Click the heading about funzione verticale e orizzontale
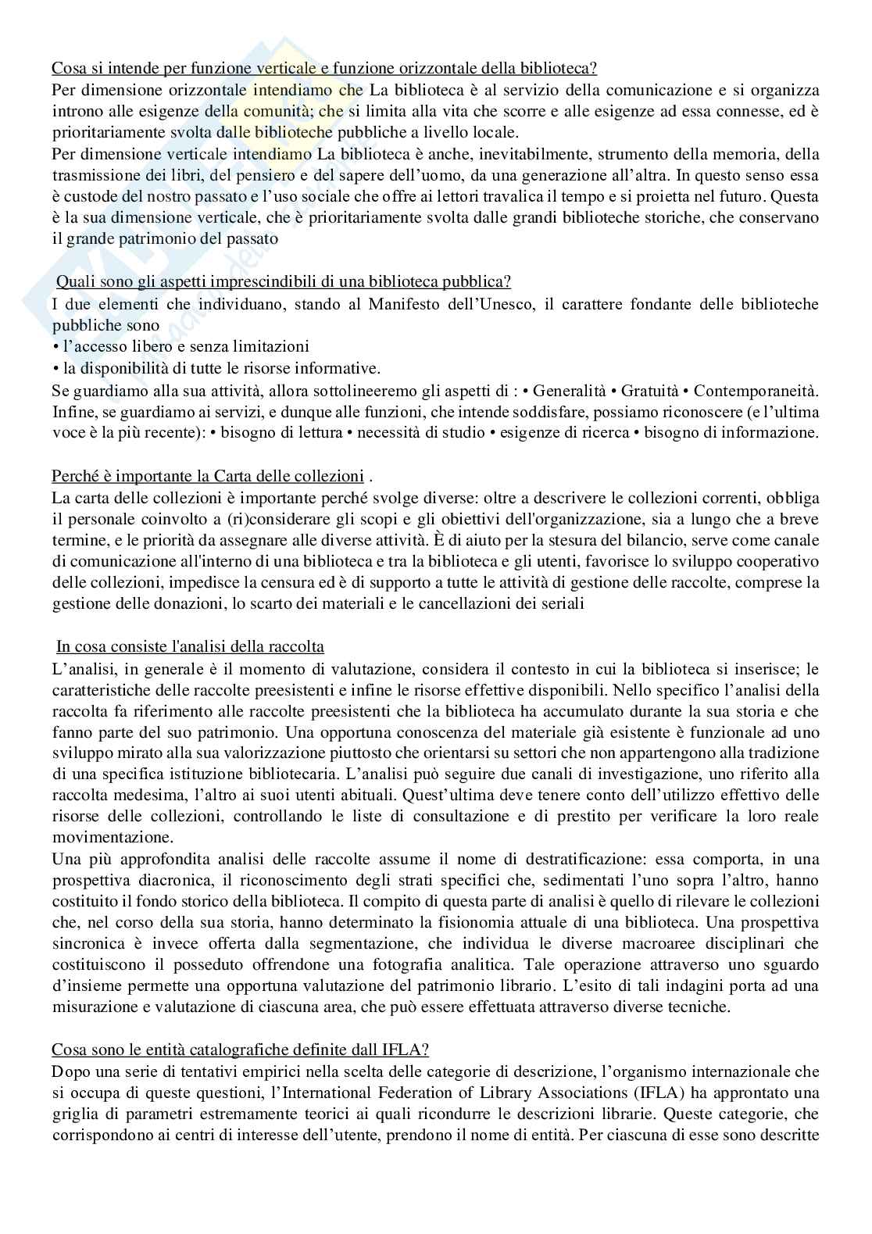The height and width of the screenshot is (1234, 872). click(x=324, y=68)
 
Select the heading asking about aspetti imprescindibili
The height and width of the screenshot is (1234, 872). click(x=284, y=282)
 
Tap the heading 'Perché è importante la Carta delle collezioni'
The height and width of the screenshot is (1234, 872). click(x=208, y=476)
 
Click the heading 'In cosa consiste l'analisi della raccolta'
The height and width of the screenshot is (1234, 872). click(x=190, y=647)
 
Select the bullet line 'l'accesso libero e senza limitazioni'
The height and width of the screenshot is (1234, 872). click(x=181, y=346)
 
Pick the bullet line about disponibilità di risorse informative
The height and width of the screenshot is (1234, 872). click(x=216, y=367)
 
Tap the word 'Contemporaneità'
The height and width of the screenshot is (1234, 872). click(x=757, y=389)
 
